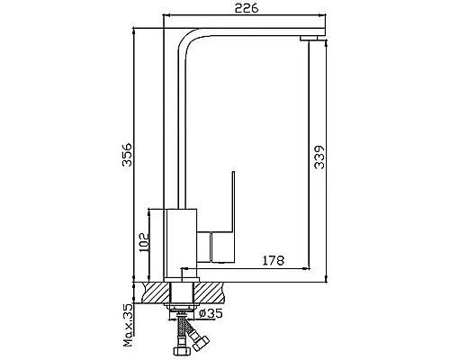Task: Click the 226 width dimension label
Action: (x=247, y=8)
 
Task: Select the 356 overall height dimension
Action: (x=127, y=155)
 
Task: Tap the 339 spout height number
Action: (x=319, y=157)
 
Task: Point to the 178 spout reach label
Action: (x=274, y=260)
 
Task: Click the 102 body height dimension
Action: (x=144, y=242)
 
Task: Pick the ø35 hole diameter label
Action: (x=211, y=313)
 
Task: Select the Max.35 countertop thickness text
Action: (x=129, y=325)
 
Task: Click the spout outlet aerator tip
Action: (x=309, y=38)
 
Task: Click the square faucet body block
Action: (x=182, y=243)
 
